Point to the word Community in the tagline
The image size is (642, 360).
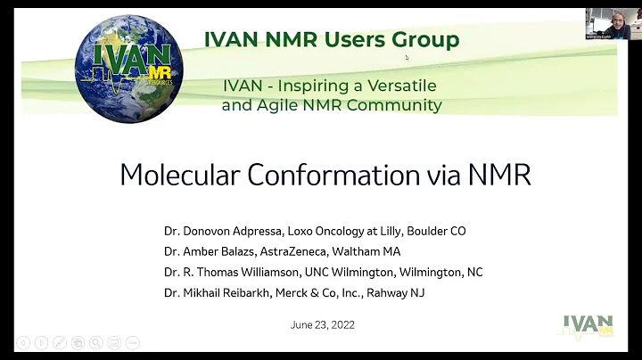(x=398, y=105)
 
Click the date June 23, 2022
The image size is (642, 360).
(x=322, y=324)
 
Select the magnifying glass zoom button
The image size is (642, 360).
(x=95, y=342)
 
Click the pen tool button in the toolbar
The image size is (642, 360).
(x=58, y=342)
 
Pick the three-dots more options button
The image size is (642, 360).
(x=133, y=342)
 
